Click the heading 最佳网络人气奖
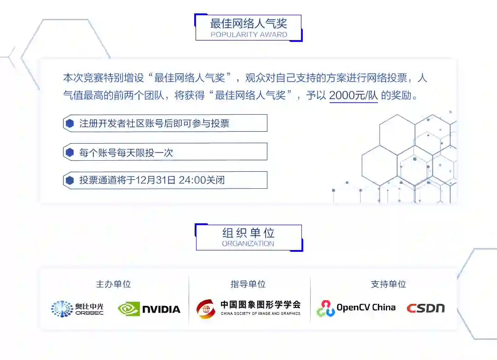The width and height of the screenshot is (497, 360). coord(248,24)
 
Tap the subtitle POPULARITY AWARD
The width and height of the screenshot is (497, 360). coord(248,35)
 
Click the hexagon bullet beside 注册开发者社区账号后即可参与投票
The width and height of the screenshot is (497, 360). coord(70,123)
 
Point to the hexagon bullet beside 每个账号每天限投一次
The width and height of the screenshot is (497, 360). coord(70,152)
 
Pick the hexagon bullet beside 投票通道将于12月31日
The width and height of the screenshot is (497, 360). coord(70,180)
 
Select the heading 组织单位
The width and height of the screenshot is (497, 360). coord(248,233)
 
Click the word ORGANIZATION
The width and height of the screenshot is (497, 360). coord(248,244)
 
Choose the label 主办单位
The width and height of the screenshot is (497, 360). coord(113,284)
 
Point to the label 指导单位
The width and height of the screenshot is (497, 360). coord(248,284)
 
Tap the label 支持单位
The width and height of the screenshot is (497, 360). coord(388,284)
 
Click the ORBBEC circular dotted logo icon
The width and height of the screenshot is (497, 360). coord(62,308)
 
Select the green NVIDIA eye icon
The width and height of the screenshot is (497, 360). coord(128,309)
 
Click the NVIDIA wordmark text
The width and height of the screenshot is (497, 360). coord(161,309)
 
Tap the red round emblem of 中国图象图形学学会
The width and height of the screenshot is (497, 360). coord(206,308)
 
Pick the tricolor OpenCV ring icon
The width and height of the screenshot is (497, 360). coord(326,308)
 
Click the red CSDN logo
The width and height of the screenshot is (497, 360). coord(426,308)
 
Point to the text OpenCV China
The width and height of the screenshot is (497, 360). coord(366,308)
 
